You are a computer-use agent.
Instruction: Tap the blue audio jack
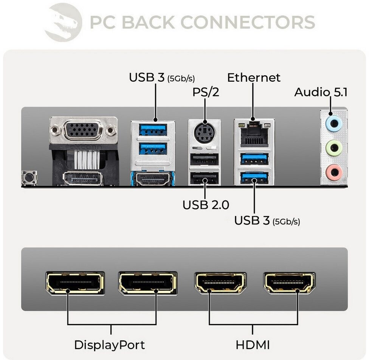[334, 124]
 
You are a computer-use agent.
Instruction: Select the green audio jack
[334, 148]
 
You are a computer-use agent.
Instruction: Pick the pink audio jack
[334, 172]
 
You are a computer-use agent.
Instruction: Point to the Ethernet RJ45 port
[254, 134]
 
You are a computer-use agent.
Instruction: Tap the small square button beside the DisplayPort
[29, 177]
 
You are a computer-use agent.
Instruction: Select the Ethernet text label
[254, 78]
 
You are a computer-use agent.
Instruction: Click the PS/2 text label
[206, 92]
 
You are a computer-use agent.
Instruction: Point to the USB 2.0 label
[206, 205]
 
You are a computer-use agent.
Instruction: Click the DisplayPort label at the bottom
[109, 345]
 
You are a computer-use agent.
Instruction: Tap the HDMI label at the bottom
[253, 345]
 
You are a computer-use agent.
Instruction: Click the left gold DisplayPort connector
[75, 283]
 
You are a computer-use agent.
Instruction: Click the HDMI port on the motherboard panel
[153, 178]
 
